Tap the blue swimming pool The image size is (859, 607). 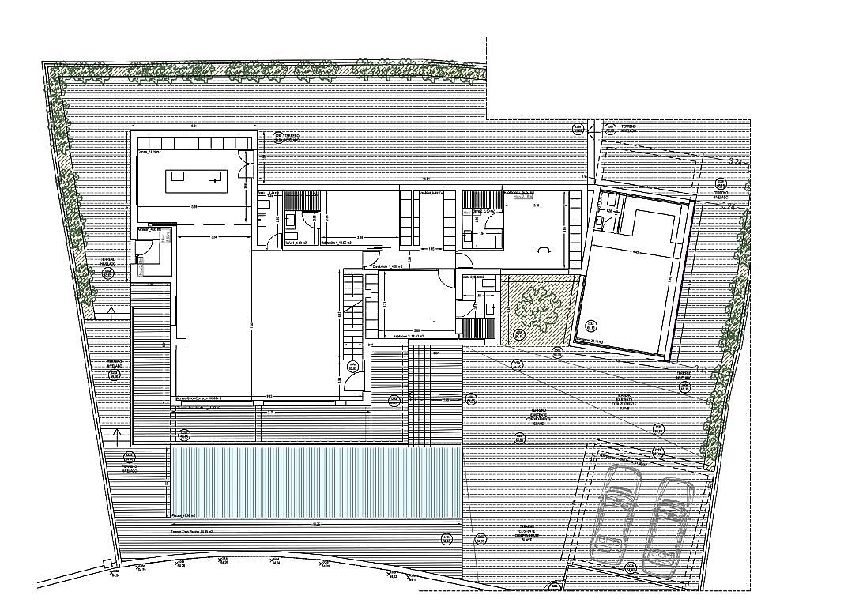pos(315,482)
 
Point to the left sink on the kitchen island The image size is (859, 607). pos(177,175)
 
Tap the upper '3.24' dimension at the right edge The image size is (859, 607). pos(737,161)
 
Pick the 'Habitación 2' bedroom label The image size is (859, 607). pos(403,336)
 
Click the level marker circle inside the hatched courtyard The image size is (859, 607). pos(519,336)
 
